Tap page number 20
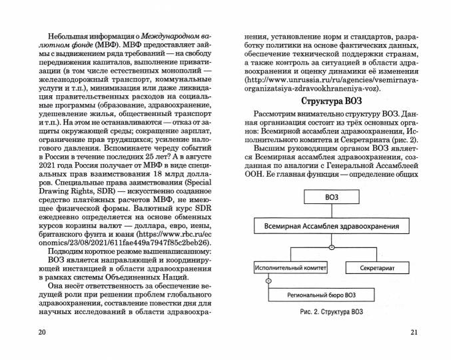tap(43, 333)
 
